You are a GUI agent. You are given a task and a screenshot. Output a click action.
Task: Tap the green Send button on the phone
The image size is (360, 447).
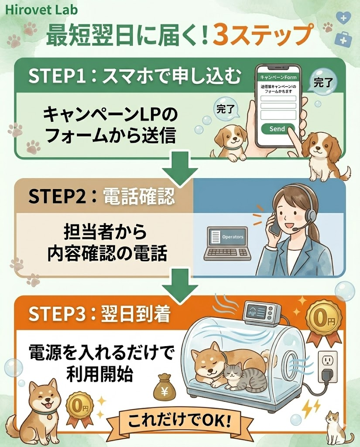pos(278,129)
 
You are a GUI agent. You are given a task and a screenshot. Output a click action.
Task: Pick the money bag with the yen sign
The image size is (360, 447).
pos(165,387)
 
